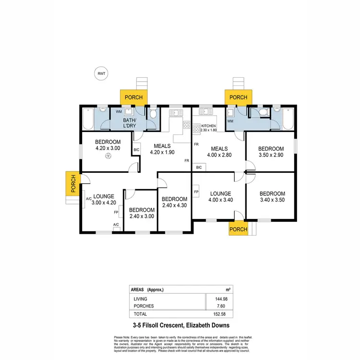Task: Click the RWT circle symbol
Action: tap(101, 73)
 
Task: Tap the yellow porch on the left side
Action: tap(73, 183)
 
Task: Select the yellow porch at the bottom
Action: tap(238, 229)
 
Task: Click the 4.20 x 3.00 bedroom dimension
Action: tap(107, 149)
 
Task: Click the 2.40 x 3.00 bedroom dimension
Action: tap(142, 216)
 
